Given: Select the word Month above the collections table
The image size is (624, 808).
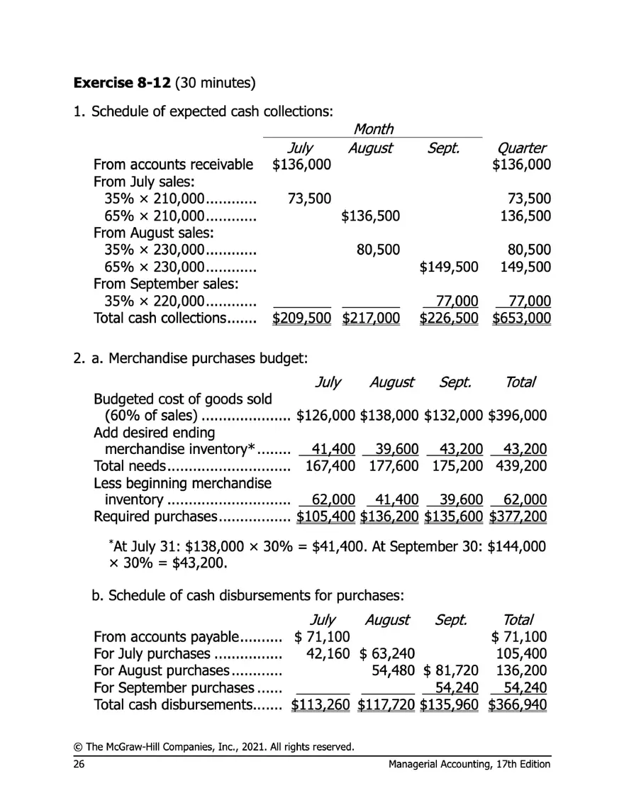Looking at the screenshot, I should [373, 129].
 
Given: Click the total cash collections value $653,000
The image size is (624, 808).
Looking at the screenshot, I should [520, 319].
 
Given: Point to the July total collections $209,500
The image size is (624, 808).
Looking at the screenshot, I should [303, 319].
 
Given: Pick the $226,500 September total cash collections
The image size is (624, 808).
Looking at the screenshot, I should [450, 319].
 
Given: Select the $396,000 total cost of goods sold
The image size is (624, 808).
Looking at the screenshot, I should [517, 414].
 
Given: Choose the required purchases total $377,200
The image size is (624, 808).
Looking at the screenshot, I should [517, 516].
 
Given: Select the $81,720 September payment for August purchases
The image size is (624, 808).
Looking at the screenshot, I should [452, 669].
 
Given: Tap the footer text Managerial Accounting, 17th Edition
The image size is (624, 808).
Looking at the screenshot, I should [469, 763].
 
